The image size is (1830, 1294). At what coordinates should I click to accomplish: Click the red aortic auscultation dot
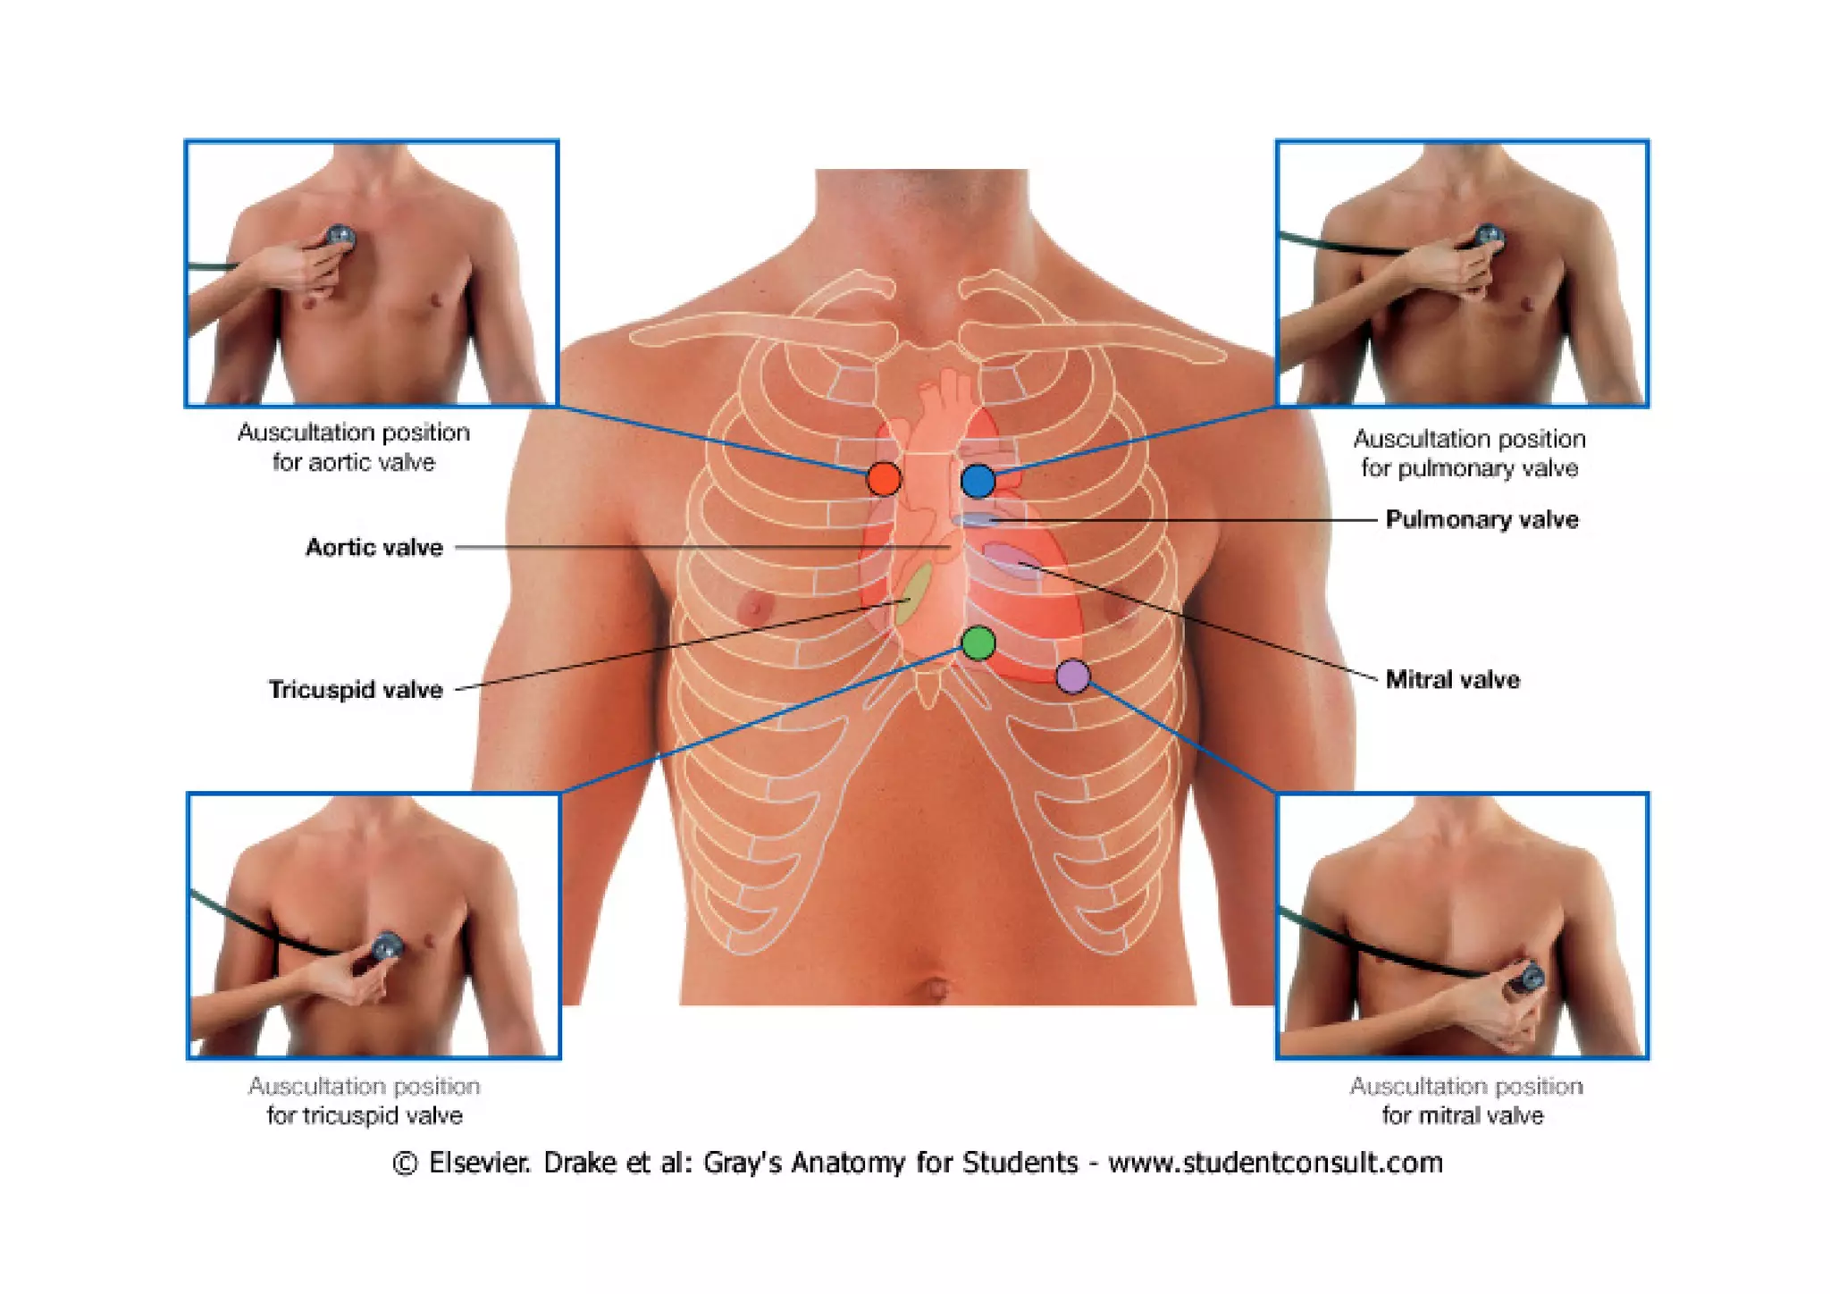click(x=884, y=479)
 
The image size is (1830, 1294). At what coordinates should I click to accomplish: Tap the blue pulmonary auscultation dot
click(x=978, y=481)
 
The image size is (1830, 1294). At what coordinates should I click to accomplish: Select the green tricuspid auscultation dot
click(x=978, y=643)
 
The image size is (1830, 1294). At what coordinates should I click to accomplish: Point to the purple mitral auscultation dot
click(x=1073, y=676)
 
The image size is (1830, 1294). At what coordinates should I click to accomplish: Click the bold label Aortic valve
click(x=374, y=547)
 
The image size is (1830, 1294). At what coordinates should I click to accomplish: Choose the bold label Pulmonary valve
click(x=1482, y=519)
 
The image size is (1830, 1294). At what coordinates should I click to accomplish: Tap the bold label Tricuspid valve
click(x=356, y=689)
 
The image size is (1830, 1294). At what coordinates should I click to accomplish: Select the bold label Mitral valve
click(x=1452, y=679)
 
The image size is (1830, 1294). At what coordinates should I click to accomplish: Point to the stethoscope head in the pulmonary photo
click(x=1489, y=237)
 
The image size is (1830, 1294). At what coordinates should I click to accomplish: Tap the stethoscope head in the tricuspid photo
click(x=388, y=946)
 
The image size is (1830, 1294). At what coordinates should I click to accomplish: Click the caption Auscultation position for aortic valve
click(x=354, y=447)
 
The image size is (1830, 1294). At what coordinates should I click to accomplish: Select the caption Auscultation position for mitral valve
click(x=1465, y=1100)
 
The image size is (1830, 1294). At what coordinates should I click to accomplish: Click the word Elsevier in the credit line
click(x=479, y=1163)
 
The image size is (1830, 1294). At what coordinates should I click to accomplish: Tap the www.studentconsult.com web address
click(x=1275, y=1163)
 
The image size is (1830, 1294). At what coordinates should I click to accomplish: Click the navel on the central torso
click(x=936, y=987)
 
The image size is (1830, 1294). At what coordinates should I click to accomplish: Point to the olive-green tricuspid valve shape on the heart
click(x=913, y=593)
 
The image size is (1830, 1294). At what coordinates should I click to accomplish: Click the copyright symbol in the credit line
click(x=405, y=1164)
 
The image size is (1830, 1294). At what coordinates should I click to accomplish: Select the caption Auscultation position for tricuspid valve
click(x=365, y=1100)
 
